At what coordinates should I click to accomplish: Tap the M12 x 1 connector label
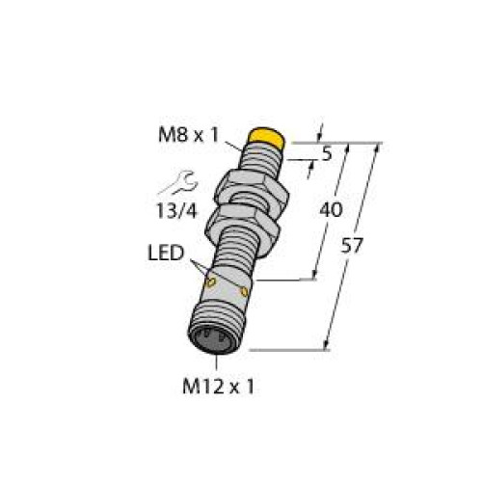pos(220,388)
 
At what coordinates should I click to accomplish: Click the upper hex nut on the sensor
pos(250,182)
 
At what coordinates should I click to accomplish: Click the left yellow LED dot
pos(211,282)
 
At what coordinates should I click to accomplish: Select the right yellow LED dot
pos(247,289)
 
